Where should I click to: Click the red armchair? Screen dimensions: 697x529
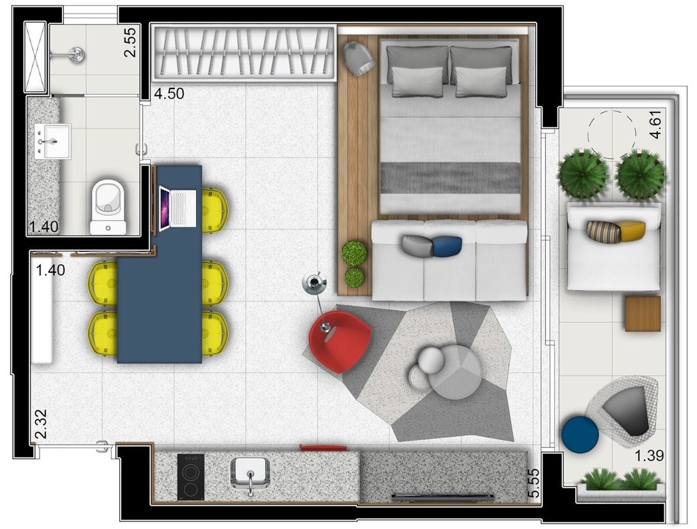340,341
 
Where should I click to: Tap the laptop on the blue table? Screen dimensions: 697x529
178,208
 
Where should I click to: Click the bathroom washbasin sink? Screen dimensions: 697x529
52,141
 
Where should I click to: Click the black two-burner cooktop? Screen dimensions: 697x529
191,477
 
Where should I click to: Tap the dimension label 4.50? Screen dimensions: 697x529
169,94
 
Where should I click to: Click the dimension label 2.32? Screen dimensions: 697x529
41,424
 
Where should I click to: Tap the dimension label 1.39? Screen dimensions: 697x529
649,455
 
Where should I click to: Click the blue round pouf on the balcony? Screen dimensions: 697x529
580,434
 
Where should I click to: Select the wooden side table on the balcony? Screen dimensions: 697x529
643,313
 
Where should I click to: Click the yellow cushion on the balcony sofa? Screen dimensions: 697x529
631,231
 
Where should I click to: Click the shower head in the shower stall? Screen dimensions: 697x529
77,54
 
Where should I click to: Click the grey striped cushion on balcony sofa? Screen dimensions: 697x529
604,231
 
